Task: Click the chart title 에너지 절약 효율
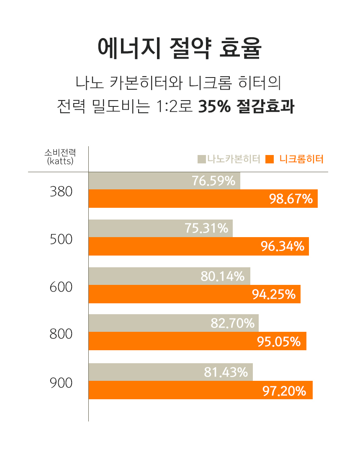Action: click(x=180, y=49)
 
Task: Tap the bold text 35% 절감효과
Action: click(x=246, y=106)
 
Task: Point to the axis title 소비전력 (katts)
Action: click(x=60, y=156)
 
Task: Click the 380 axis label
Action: click(x=61, y=191)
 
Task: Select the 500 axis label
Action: click(x=61, y=239)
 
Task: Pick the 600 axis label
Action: click(x=61, y=287)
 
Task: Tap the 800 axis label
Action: click(x=61, y=334)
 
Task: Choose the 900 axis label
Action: click(x=61, y=382)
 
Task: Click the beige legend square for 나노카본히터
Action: click(x=201, y=159)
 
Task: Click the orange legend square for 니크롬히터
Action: click(x=270, y=159)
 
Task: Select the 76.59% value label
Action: click(x=213, y=181)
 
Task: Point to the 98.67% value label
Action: click(x=291, y=199)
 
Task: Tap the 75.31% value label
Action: click(x=206, y=228)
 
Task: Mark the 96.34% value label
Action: click(x=283, y=246)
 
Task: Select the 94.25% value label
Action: click(x=274, y=295)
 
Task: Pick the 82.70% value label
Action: click(x=232, y=323)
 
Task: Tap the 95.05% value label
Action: click(x=279, y=342)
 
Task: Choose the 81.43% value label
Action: click(x=226, y=372)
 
